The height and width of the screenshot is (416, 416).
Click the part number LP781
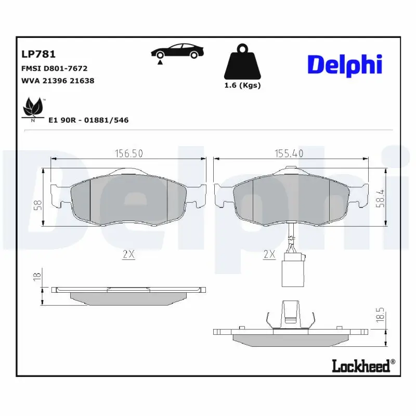tap(38, 54)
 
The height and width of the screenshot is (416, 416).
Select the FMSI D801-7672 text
tap(54, 68)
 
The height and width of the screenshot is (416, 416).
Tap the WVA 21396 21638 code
tap(57, 81)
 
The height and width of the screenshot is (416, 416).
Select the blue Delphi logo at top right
tap(345, 65)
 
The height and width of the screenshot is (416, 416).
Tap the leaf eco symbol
tap(33, 108)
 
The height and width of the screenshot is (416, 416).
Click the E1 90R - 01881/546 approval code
tap(88, 120)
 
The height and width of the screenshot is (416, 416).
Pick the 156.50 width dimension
tap(128, 153)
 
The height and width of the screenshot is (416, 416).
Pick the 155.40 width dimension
tap(289, 153)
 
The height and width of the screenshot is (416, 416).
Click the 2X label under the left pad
tap(128, 255)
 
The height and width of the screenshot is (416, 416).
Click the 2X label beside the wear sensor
tap(269, 254)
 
